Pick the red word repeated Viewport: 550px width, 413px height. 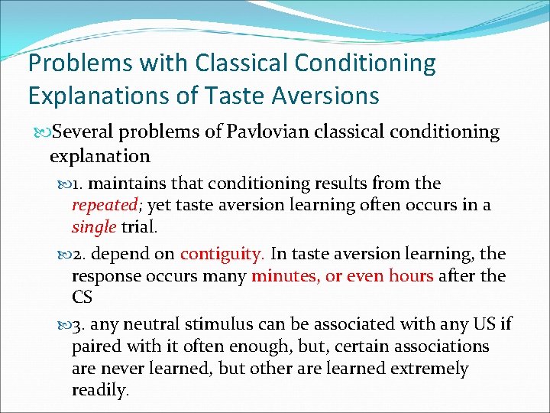click(x=103, y=205)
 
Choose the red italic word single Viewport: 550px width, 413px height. click(x=93, y=226)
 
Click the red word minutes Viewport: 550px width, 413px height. click(x=284, y=275)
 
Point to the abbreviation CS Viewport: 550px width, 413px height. click(x=82, y=297)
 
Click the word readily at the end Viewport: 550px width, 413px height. click(x=100, y=390)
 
